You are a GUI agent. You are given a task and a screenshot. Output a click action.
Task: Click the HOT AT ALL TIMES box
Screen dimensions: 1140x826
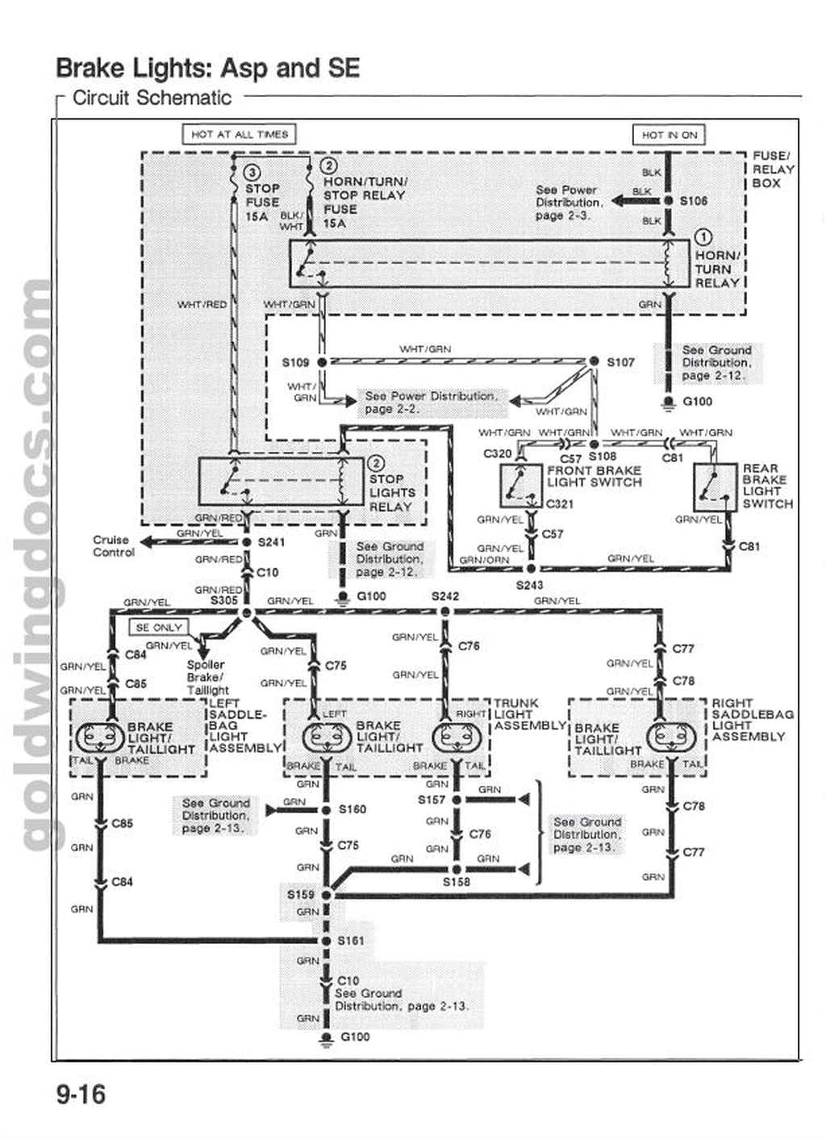pos(240,134)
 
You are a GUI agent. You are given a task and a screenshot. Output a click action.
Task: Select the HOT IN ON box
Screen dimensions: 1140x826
pos(669,135)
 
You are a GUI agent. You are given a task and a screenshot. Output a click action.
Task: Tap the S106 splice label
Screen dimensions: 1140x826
pos(693,201)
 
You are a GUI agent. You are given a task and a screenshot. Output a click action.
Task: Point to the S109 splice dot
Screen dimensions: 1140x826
pos(322,362)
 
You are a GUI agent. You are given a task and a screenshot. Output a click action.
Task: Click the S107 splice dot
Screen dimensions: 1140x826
pos(594,361)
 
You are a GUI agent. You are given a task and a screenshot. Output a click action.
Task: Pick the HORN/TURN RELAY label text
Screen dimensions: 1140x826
pos(717,269)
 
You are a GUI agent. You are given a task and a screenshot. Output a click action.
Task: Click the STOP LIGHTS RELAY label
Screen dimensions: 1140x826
pos(392,492)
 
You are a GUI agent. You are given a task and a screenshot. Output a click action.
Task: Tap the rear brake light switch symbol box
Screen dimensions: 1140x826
pos(716,486)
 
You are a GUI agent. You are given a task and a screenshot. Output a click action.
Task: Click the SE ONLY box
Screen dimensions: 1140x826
pos(159,627)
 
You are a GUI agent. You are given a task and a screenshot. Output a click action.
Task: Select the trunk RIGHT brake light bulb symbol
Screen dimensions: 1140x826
pos(455,737)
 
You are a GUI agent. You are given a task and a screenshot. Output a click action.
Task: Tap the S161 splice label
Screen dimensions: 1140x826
pos(351,941)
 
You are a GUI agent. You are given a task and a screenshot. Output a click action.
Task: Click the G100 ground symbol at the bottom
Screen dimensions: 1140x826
pos(326,1039)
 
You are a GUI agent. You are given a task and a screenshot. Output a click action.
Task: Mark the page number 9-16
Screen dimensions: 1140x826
pos(81,1095)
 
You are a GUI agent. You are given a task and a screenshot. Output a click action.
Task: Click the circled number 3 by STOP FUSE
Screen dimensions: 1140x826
pos(252,172)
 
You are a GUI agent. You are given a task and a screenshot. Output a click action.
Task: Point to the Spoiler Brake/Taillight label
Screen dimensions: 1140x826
pos(207,678)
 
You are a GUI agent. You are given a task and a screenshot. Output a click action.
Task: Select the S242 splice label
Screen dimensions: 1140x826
pos(444,596)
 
